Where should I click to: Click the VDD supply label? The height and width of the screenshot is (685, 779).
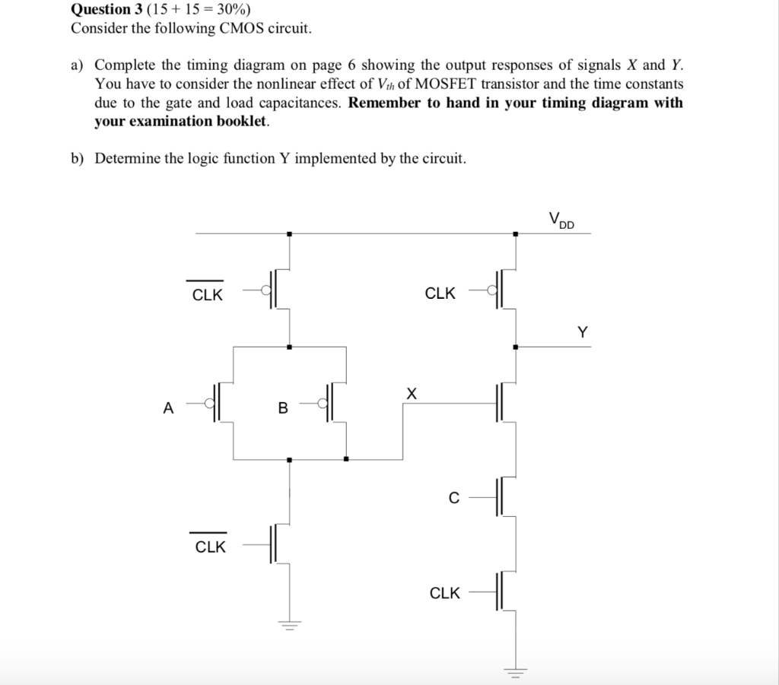561,221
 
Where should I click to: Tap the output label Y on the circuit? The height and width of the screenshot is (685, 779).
582,332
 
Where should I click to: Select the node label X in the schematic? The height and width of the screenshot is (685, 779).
412,393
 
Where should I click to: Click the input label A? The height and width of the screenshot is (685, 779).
168,408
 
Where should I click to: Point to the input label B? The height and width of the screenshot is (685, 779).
283,408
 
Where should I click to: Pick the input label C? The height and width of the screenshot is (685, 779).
454,499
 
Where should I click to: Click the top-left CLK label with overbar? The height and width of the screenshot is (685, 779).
207,295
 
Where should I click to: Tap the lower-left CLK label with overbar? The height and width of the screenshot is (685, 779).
210,547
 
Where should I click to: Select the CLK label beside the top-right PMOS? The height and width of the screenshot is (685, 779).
440,293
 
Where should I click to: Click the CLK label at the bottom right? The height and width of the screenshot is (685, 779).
445,593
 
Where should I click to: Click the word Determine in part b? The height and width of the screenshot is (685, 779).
127,158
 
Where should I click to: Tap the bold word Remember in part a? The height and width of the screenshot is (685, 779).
384,103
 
